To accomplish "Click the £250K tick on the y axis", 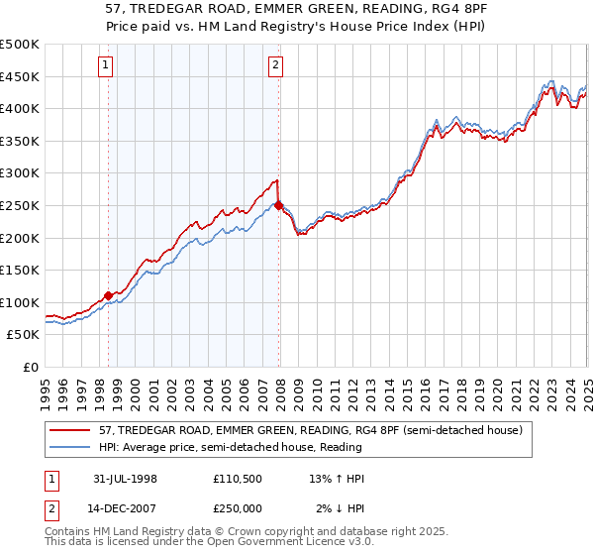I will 20,205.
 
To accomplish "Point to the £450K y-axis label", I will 20,76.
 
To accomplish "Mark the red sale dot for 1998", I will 108,294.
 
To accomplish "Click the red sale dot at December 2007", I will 279,205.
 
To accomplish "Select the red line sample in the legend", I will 73,429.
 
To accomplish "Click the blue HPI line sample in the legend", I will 73,446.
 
